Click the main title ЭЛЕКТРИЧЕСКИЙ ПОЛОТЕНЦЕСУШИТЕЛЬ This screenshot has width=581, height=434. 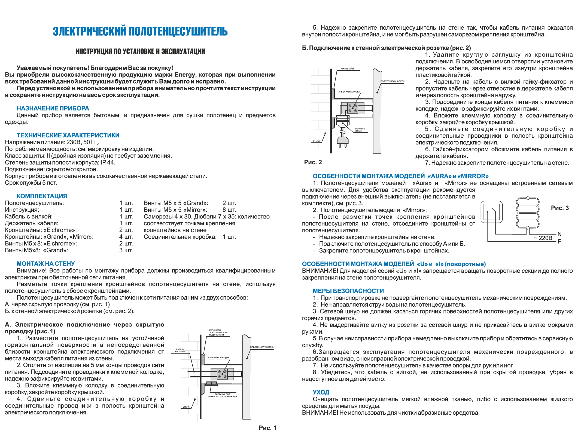click(x=140, y=32)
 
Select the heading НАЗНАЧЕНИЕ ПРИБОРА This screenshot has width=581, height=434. click(x=53, y=108)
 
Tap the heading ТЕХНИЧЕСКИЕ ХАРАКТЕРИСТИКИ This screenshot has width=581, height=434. click(x=68, y=135)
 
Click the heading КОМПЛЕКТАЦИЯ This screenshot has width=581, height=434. click(x=42, y=196)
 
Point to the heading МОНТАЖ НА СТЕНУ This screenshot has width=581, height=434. click(x=46, y=264)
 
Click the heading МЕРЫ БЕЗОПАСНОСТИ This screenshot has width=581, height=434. click(x=348, y=291)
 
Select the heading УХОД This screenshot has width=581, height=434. click(x=321, y=392)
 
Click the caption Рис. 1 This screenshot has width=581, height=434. click(x=267, y=428)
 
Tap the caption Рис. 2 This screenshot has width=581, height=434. click(x=313, y=162)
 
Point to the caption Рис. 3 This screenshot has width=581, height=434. click(x=560, y=208)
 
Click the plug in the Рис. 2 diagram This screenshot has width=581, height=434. click(x=343, y=140)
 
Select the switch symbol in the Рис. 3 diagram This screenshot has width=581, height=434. click(x=492, y=212)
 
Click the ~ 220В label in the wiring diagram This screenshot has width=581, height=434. click(x=543, y=238)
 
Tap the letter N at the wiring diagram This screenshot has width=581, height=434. click(x=559, y=234)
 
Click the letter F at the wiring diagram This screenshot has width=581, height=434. click(x=559, y=241)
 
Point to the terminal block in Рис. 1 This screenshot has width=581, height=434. click(x=222, y=374)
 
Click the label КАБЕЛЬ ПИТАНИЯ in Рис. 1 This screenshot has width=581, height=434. click(x=180, y=350)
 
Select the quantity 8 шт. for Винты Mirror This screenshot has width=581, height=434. click(x=229, y=210)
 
